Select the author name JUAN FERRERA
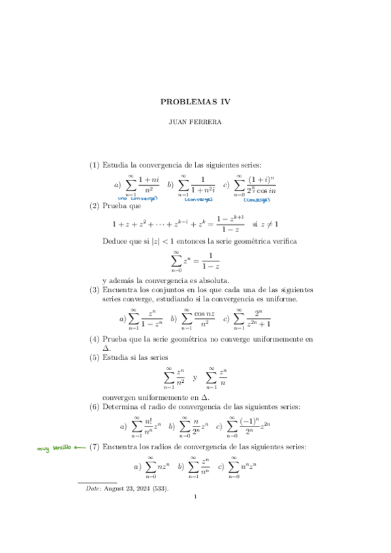[196, 121]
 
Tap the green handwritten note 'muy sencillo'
[52, 448]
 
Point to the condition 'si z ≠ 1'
[265, 224]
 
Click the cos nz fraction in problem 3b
[205, 318]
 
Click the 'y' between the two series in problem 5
[195, 378]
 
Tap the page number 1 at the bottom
[196, 515]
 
